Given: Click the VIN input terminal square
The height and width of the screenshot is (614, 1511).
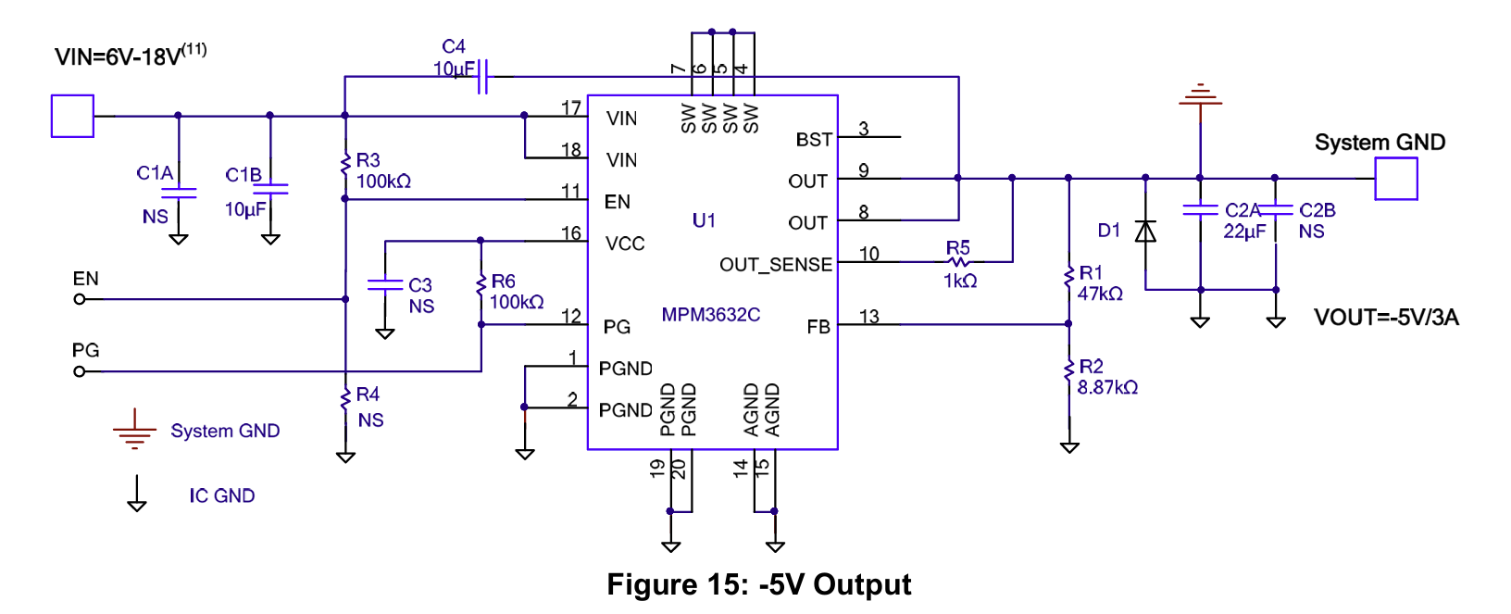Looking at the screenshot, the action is pyautogui.click(x=72, y=116).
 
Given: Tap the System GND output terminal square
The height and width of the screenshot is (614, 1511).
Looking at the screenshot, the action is pyautogui.click(x=1396, y=179).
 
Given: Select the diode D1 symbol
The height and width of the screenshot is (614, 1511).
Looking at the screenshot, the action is pyautogui.click(x=1145, y=232).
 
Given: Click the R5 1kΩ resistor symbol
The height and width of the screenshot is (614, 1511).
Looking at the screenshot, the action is pyautogui.click(x=958, y=262).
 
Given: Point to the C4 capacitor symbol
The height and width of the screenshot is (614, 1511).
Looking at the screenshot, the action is pyautogui.click(x=482, y=76).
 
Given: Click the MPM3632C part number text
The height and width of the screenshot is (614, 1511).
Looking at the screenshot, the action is pyautogui.click(x=710, y=315).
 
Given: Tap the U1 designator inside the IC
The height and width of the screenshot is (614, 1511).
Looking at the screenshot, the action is pyautogui.click(x=704, y=220).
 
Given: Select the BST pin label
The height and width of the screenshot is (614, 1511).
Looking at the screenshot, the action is pyautogui.click(x=814, y=140).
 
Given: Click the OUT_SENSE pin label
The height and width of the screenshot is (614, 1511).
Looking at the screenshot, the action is pyautogui.click(x=776, y=265).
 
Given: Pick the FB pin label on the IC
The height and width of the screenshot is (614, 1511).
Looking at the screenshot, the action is pyautogui.click(x=818, y=327).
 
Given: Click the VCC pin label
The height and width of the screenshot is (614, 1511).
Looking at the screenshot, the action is pyautogui.click(x=625, y=244).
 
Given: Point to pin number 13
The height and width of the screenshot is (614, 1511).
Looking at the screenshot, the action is pyautogui.click(x=868, y=316).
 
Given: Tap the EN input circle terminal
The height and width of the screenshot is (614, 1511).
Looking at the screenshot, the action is pyautogui.click(x=80, y=299).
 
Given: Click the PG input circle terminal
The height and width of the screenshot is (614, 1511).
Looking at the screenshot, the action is pyautogui.click(x=80, y=371).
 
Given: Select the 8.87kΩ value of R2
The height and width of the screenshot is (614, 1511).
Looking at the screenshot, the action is pyautogui.click(x=1107, y=387).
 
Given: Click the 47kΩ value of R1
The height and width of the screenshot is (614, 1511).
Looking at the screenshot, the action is pyautogui.click(x=1100, y=294).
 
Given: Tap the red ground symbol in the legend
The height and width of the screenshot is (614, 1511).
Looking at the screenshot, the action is pyautogui.click(x=134, y=429).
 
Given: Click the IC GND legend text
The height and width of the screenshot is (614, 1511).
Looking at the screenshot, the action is pyautogui.click(x=222, y=496).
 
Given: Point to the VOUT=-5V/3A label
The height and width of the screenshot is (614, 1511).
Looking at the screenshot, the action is pyautogui.click(x=1386, y=317).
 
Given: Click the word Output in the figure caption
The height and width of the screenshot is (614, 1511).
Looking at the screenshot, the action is pyautogui.click(x=862, y=585).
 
